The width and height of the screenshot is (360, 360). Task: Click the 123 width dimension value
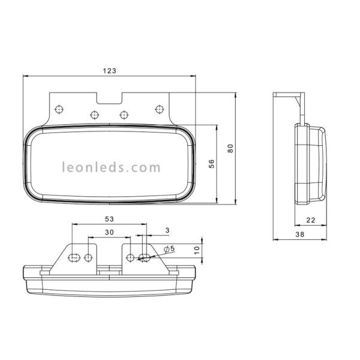[109, 70]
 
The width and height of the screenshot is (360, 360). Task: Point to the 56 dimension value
[211, 164]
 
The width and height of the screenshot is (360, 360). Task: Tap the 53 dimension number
[109, 220]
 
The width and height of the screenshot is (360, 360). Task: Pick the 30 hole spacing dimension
[109, 232]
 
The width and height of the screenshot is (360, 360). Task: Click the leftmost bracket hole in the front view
[59, 108]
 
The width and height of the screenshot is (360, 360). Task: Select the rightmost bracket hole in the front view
[159, 108]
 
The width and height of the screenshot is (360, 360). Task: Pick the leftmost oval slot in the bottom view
[74, 257]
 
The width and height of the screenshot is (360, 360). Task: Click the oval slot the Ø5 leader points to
[145, 257]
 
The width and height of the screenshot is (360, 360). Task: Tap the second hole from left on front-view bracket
[94, 114]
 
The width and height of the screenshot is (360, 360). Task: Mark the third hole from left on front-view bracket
[124, 114]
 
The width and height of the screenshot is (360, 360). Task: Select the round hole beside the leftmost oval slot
[89, 257]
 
